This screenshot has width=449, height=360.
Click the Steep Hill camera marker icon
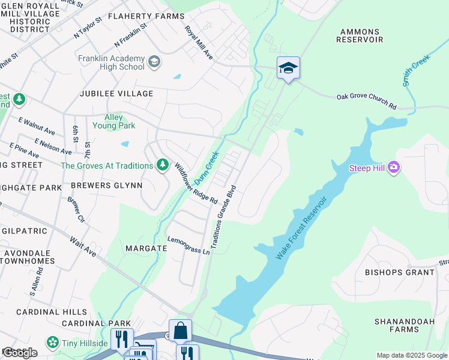click(x=394, y=167)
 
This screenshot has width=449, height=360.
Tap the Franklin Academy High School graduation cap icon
click(x=154, y=62)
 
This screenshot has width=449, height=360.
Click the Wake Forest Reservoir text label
click(x=303, y=227)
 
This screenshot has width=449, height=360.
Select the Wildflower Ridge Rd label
click(x=196, y=184)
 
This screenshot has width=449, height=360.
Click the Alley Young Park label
click(x=113, y=121)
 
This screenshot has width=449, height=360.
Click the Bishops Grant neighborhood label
click(x=399, y=272)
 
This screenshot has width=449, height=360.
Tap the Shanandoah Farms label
click(x=404, y=325)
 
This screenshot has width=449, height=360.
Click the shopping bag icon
click(x=180, y=330)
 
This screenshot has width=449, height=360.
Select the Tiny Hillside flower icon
click(x=53, y=343)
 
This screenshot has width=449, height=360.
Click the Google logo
click(x=19, y=353)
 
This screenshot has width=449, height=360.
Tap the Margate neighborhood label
click(x=146, y=248)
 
